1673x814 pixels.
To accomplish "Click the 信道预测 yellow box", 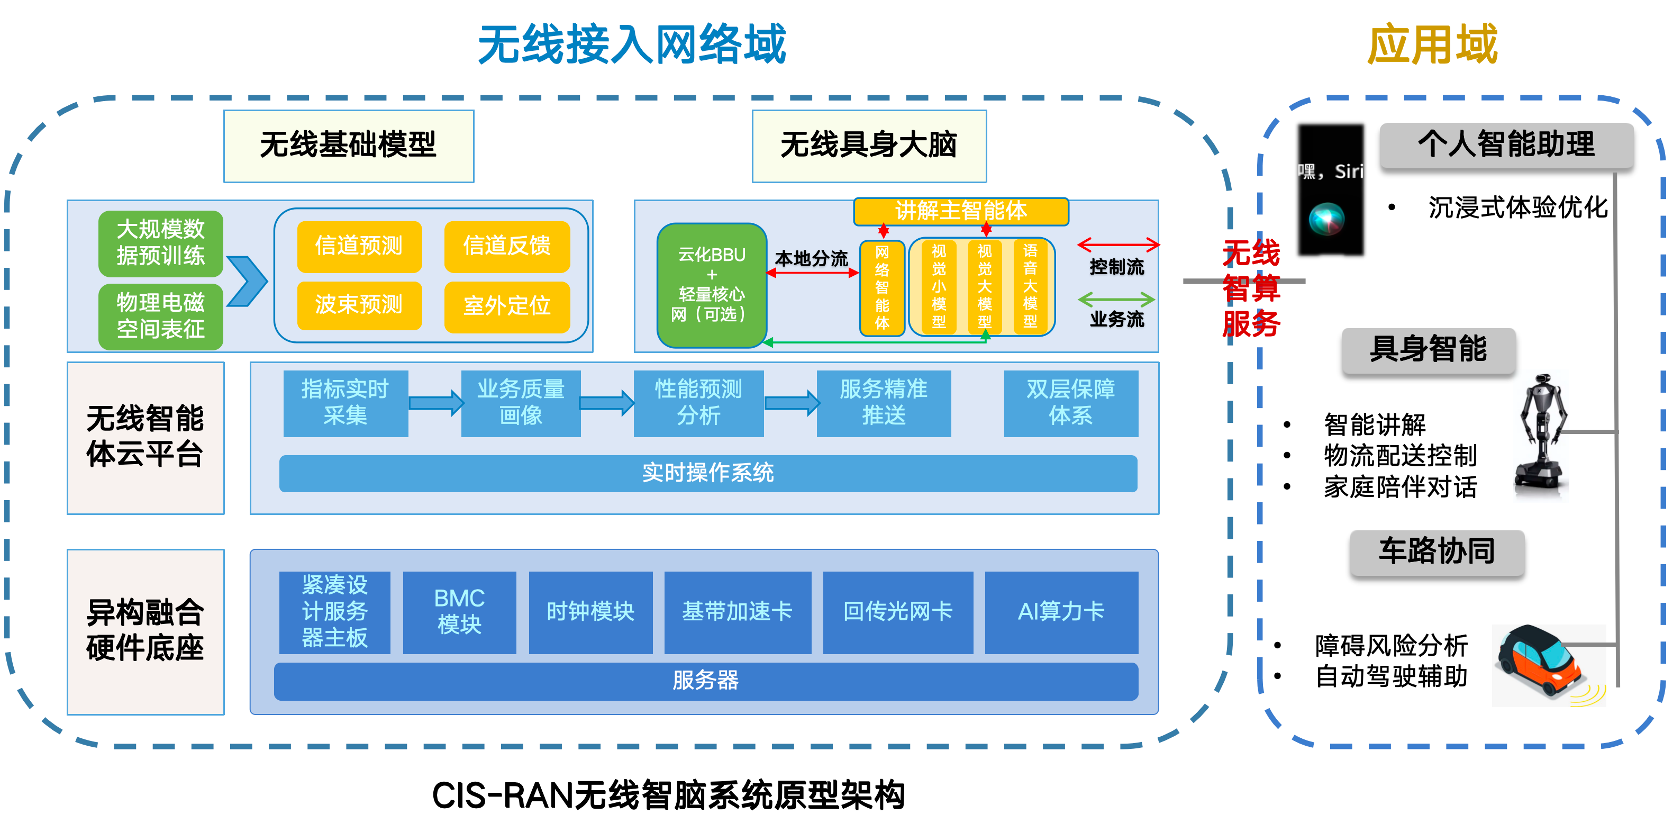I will click(359, 246).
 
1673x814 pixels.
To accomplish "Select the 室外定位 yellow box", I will click(506, 305).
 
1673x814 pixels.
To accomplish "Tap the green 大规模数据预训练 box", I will click(160, 242).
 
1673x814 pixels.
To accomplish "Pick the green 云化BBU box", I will click(711, 285).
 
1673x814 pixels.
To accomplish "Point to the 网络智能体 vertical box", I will click(881, 287).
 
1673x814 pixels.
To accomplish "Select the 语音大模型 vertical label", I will click(1030, 286).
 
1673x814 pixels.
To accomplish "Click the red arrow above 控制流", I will click(1118, 245).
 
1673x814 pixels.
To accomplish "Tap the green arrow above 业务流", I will click(1116, 300).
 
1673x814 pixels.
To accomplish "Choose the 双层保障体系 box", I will click(1070, 403).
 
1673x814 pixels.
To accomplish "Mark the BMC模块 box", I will click(459, 611).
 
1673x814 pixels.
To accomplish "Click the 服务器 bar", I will click(705, 681).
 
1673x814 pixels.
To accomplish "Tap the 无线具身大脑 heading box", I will click(868, 146).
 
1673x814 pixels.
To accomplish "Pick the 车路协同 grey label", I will click(1436, 551).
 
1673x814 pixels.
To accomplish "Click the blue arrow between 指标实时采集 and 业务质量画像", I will click(435, 403).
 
